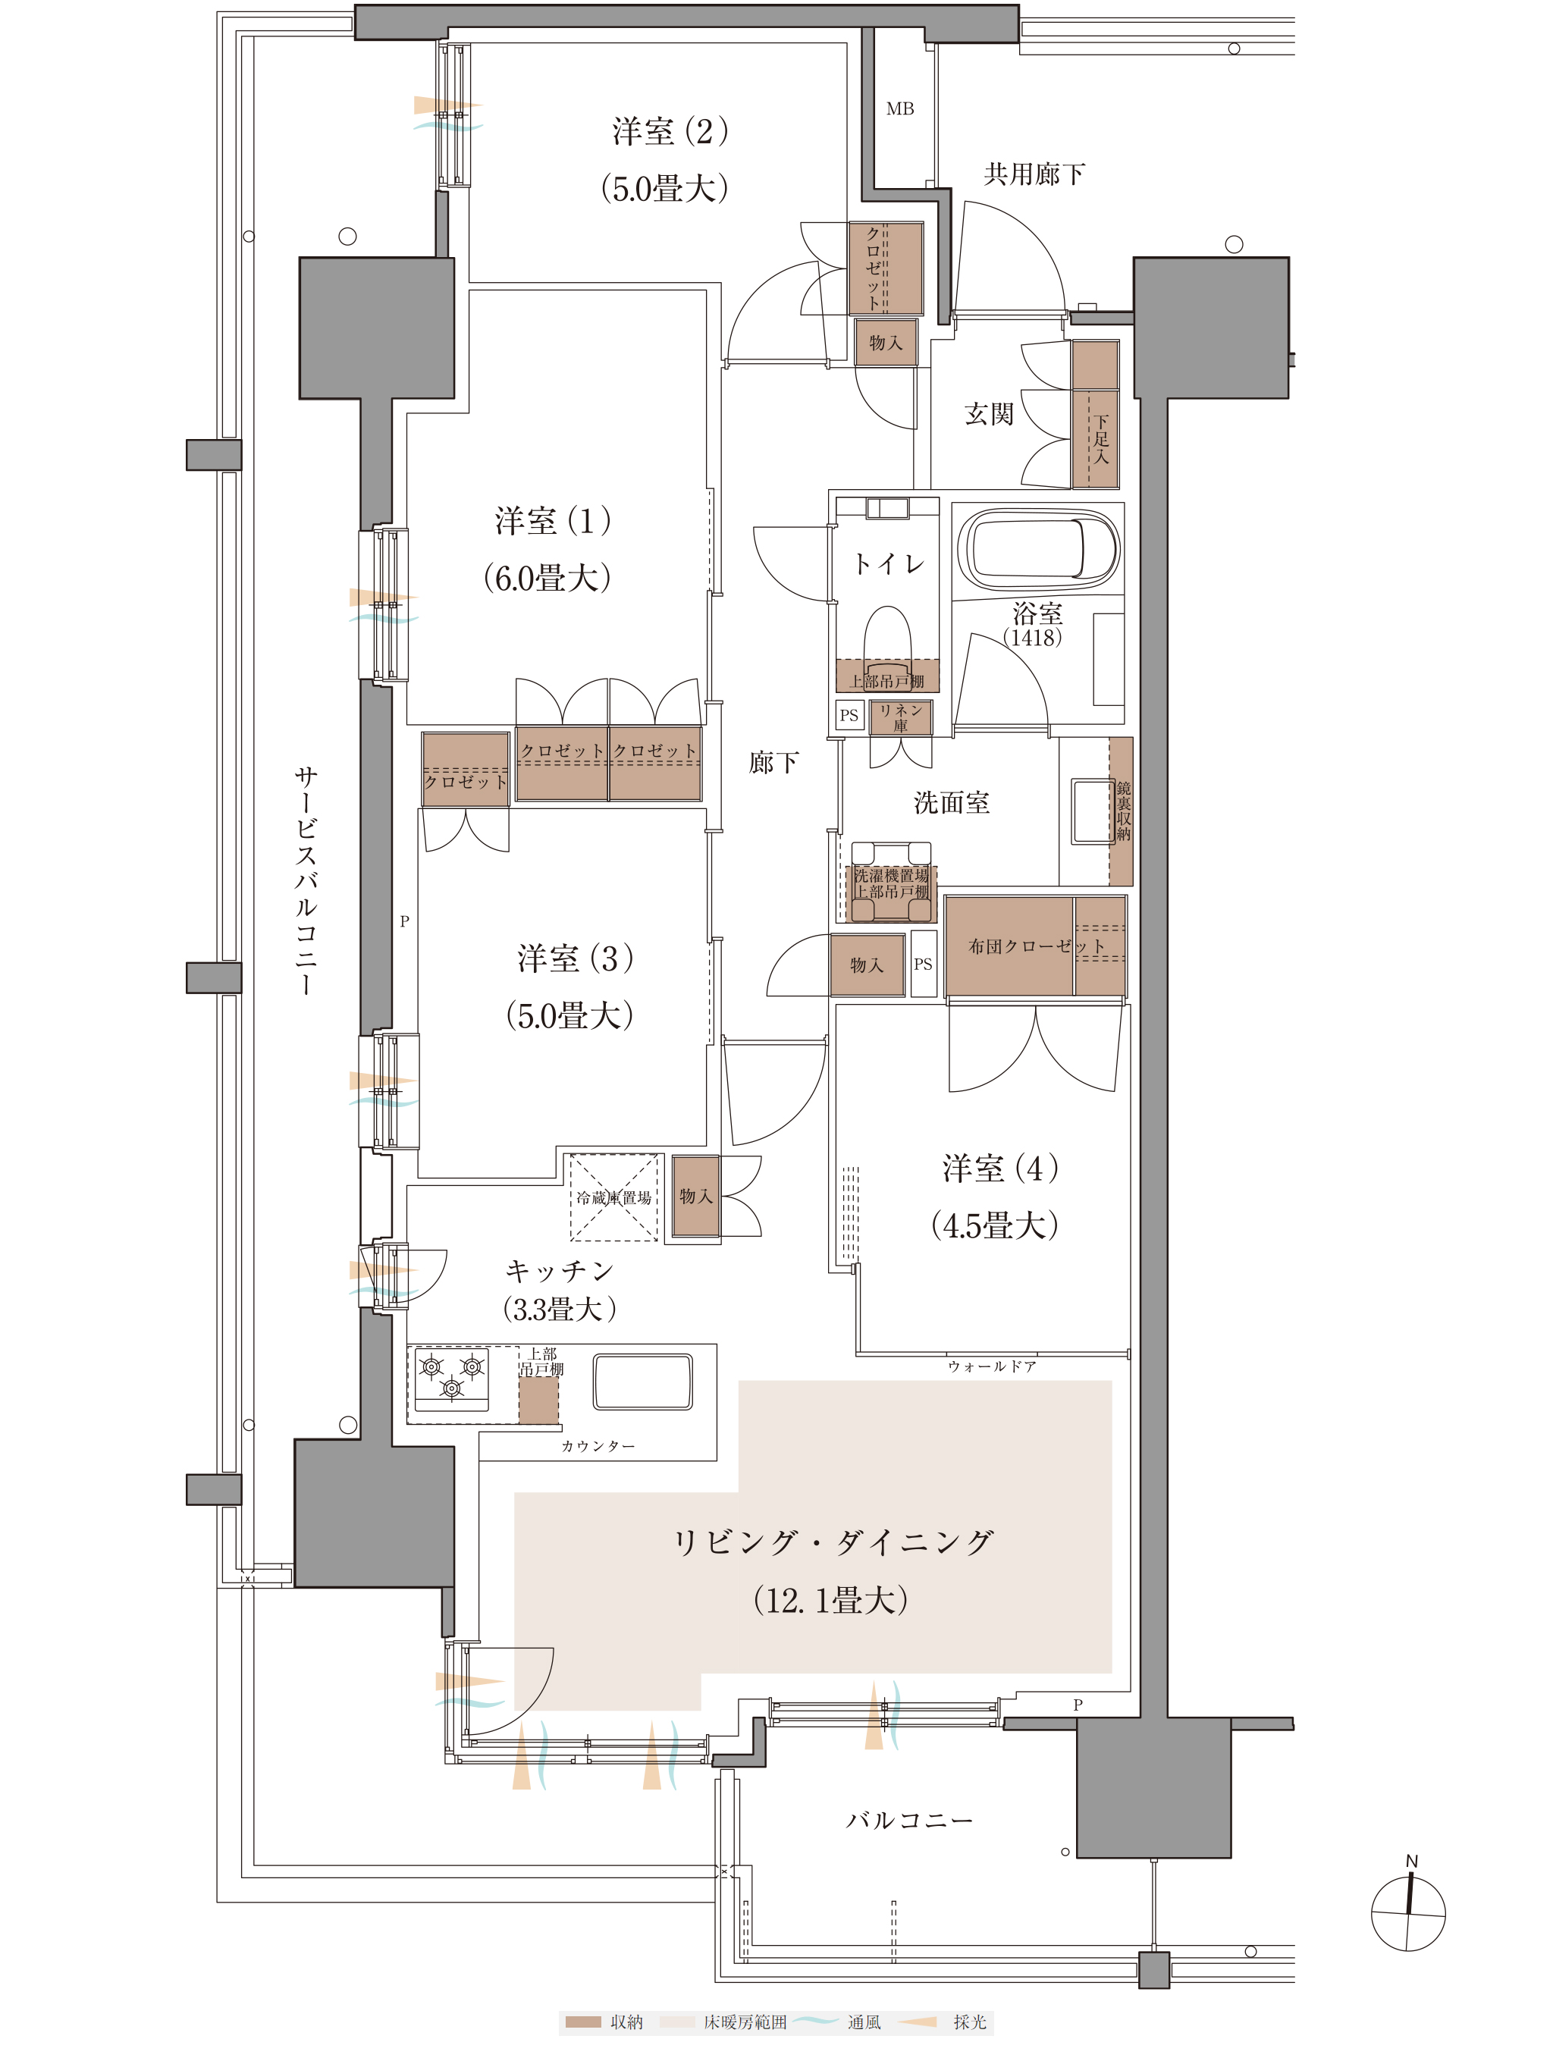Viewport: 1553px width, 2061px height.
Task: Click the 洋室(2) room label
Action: pos(670,131)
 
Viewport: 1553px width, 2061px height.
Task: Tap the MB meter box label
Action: pos(900,109)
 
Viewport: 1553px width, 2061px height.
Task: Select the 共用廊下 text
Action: pos(1034,174)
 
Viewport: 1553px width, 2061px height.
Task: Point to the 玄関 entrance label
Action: pos(988,414)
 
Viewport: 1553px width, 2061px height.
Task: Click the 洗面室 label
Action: pos(951,802)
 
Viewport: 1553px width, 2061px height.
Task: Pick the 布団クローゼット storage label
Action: pos(1036,946)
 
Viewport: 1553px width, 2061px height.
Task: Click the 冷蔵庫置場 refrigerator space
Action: pos(614,1197)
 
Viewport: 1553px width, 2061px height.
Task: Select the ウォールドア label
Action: pos(991,1366)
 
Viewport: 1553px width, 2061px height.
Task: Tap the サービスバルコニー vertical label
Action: pos(306,880)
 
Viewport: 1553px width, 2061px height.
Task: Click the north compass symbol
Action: pos(1409,1913)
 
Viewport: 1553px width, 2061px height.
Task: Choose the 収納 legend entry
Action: pos(603,2021)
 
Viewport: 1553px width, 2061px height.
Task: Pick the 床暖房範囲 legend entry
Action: pos(724,2021)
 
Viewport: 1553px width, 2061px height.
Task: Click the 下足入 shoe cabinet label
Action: pos(1101,439)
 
